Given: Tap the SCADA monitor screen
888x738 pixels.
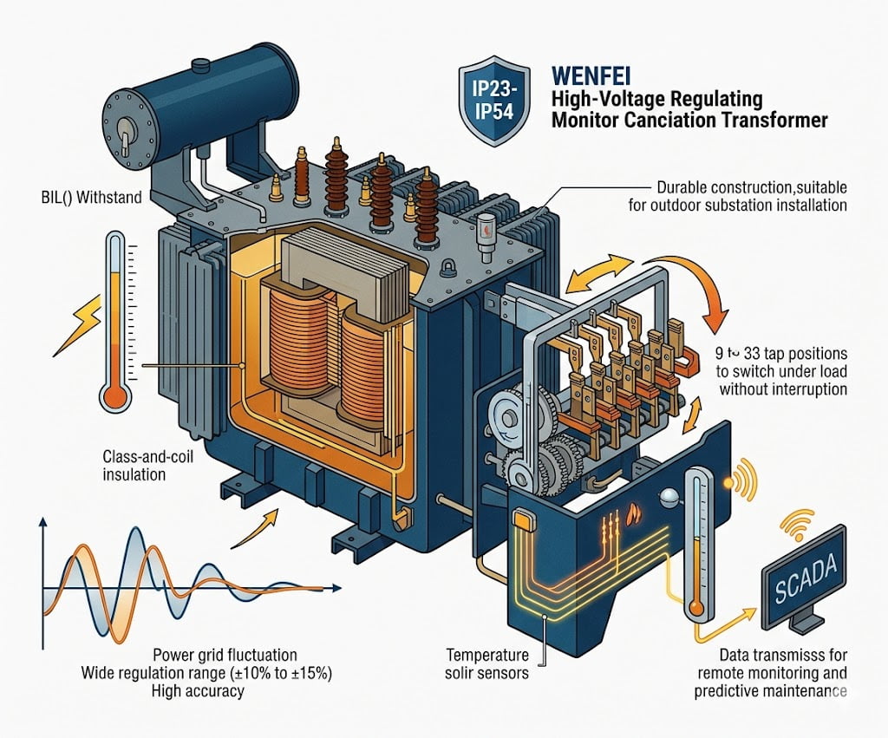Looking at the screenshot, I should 801,569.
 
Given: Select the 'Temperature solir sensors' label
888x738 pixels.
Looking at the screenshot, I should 487,663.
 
